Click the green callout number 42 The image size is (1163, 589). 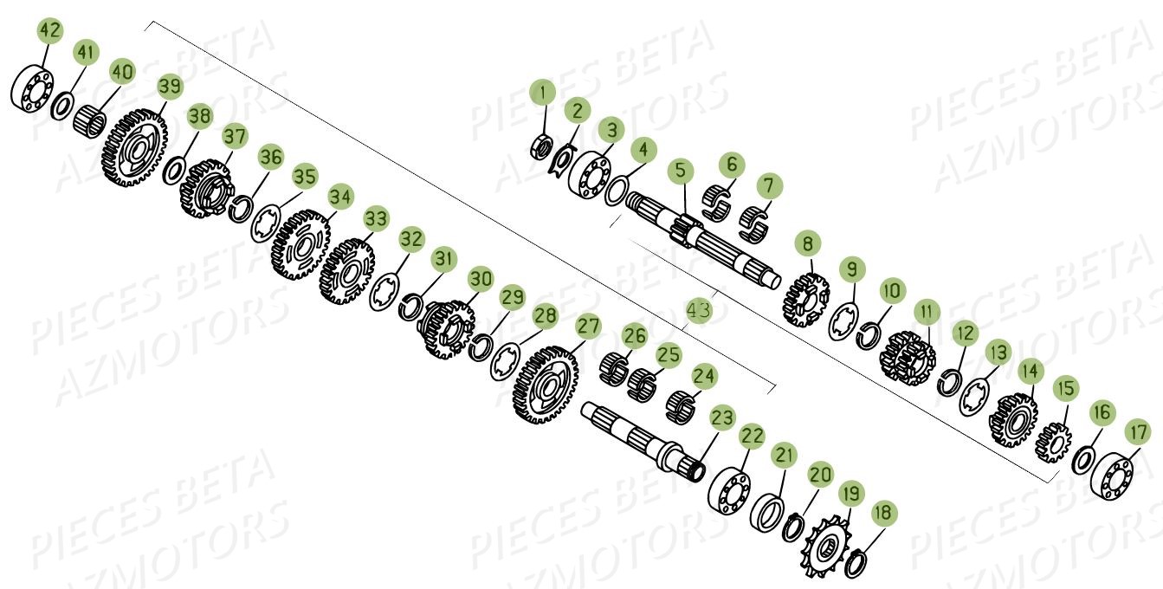50,32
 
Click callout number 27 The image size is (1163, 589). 589,327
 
